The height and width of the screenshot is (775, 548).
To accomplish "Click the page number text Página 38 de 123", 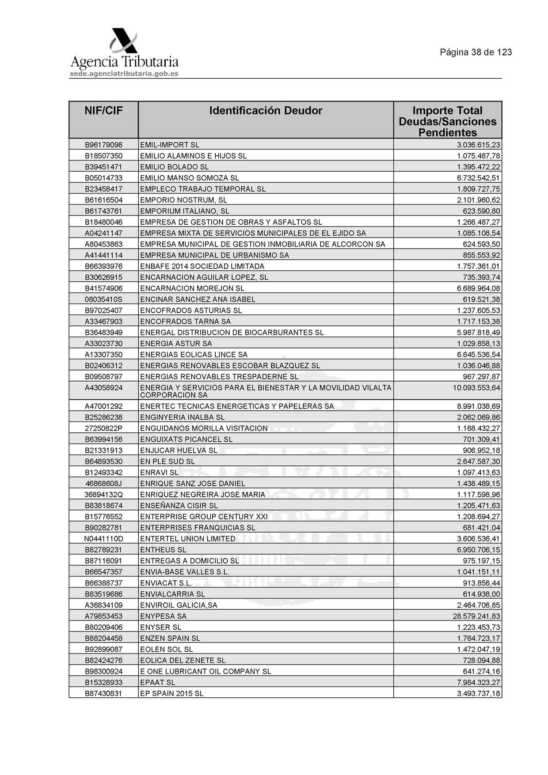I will [476, 53].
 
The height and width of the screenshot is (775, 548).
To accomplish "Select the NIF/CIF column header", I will [103, 111].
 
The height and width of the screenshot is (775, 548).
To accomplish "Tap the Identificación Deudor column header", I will [266, 111].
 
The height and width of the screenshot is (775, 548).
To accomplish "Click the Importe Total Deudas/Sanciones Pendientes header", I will [447, 121].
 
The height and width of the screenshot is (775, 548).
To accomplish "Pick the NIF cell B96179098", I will [103, 145].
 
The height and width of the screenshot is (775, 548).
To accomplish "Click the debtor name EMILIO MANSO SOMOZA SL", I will [189, 178].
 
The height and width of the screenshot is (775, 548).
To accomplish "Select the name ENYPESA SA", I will [163, 616].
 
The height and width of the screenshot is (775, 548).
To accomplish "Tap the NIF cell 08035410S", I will [103, 299].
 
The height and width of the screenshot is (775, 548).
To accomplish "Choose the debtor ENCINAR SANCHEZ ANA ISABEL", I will [198, 299].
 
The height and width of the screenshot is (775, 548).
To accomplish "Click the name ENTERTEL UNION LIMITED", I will [187, 539].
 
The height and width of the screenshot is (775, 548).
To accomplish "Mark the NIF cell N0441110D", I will [103, 539].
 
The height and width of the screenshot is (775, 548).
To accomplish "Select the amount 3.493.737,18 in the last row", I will [478, 693].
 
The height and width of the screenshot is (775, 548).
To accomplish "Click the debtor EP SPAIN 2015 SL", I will [171, 693].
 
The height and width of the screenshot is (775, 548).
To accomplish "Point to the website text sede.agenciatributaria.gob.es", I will [124, 74].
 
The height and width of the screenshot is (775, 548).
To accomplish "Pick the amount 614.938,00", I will [481, 594].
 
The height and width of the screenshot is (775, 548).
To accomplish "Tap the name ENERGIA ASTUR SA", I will [175, 344].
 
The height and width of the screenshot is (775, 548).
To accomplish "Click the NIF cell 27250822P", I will [103, 428].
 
